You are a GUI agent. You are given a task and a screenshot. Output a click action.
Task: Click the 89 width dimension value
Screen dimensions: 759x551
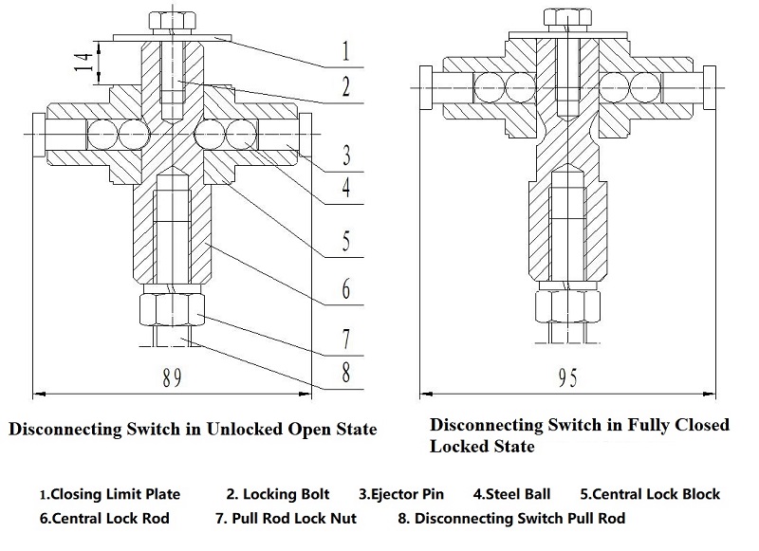[172, 377]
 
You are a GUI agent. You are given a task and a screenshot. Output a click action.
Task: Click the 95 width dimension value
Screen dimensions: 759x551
[567, 377]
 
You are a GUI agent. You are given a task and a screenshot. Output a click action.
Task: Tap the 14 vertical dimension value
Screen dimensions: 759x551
[83, 63]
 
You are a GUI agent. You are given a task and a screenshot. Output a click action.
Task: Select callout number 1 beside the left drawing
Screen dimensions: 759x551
[345, 50]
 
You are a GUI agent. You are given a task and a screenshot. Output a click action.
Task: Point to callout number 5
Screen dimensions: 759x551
[346, 241]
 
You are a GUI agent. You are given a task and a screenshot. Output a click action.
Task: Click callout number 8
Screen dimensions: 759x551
[346, 373]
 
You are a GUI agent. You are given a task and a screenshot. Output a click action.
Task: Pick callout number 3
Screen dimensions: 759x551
[346, 156]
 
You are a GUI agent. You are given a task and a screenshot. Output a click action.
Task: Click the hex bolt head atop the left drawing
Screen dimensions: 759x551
[173, 21]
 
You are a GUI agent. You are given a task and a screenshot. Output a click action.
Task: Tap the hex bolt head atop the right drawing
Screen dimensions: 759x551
[567, 17]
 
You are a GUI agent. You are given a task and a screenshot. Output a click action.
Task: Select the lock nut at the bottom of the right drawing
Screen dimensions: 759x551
[567, 306]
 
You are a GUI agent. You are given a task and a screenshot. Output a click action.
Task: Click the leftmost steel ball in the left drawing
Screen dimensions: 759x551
[102, 134]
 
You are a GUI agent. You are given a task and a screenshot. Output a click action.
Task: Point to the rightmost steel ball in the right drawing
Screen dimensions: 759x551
[645, 87]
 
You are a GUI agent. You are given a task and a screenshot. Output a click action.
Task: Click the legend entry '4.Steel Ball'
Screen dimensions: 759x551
[511, 494]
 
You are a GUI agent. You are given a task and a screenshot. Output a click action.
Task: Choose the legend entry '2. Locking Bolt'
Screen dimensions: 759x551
[278, 494]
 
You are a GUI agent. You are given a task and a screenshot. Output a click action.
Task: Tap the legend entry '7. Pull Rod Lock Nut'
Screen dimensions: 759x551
[287, 518]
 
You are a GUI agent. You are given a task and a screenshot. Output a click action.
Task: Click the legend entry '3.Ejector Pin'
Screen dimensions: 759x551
[401, 494]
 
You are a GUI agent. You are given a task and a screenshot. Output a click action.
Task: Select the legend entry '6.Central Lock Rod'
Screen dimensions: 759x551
[104, 518]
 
